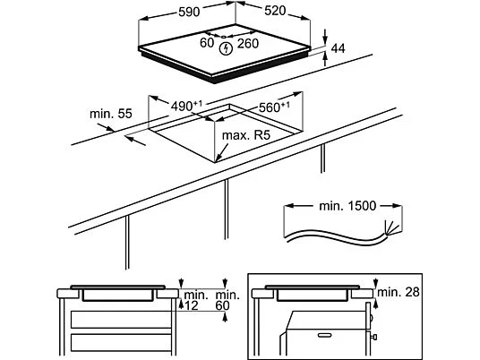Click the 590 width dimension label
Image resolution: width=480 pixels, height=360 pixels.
[x=189, y=12]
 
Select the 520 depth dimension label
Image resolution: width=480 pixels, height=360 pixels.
[x=275, y=11]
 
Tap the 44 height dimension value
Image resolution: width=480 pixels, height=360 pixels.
[x=338, y=48]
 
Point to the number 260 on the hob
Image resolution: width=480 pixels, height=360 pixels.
[x=248, y=44]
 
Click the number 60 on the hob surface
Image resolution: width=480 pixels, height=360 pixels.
[x=207, y=43]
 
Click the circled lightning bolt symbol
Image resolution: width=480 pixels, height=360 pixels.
[x=226, y=48]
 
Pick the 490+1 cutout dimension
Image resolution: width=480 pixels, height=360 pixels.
[x=186, y=106]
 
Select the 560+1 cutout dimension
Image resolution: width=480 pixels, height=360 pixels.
[x=274, y=107]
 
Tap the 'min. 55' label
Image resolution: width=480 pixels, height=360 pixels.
[x=111, y=114]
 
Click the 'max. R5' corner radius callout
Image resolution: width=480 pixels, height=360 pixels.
[x=246, y=135]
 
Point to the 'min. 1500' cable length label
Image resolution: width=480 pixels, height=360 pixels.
[x=347, y=206]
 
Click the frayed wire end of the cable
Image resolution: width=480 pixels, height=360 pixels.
[x=391, y=228]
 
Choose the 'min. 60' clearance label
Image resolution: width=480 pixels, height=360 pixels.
[x=227, y=301]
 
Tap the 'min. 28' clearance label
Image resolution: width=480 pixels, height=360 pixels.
[x=398, y=292]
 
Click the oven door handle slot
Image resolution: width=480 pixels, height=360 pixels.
[x=324, y=335]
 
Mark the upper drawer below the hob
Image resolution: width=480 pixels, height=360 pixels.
[x=121, y=320]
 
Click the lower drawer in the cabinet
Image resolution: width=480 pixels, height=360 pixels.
[x=121, y=343]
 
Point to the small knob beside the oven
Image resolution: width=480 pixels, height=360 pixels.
[x=373, y=337]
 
